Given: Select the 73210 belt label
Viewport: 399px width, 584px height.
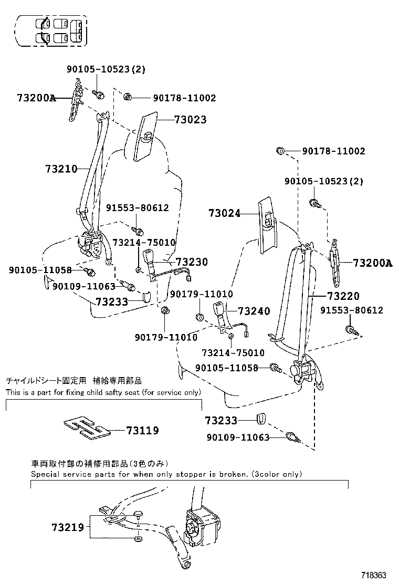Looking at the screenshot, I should [x=61, y=169].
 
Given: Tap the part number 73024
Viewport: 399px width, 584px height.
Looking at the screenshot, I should [x=224, y=214].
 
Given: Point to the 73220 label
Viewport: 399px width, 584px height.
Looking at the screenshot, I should [x=343, y=297].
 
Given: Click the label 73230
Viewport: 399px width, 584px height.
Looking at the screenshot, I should [x=192, y=262].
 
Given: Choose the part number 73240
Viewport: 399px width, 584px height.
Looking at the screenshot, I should [x=254, y=311].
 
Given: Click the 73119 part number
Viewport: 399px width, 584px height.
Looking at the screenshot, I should [x=142, y=431].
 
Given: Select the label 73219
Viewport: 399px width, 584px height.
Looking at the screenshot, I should [x=68, y=527].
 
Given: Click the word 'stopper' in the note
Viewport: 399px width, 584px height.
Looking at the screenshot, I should [x=193, y=474].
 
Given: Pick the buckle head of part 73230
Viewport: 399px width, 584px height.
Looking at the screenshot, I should [x=146, y=258].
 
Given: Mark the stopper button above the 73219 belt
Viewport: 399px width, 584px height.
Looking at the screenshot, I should [x=139, y=514].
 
